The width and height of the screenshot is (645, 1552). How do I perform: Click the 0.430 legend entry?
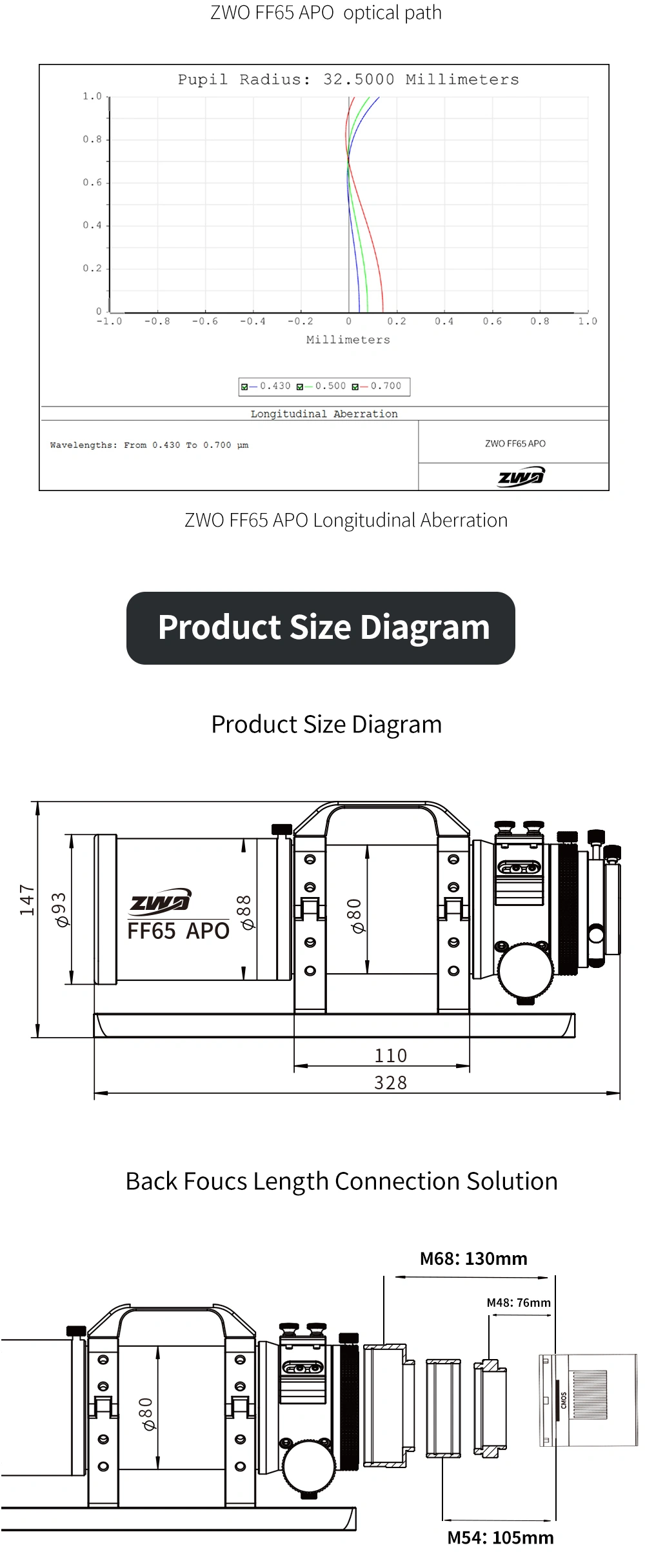(266, 386)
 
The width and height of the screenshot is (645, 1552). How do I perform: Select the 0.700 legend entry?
(377, 386)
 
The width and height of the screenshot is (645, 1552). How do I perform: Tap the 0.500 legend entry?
(321, 386)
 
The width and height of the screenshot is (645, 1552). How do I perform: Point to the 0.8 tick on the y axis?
(92, 139)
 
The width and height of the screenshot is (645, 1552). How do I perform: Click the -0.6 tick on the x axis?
(205, 321)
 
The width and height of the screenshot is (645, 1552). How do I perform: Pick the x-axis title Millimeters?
(348, 340)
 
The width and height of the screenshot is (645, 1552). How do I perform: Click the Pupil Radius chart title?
(348, 79)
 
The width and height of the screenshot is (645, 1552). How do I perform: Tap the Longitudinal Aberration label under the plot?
(324, 414)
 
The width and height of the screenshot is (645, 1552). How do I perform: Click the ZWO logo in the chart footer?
(521, 476)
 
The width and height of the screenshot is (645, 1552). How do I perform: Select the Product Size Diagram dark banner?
(321, 628)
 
